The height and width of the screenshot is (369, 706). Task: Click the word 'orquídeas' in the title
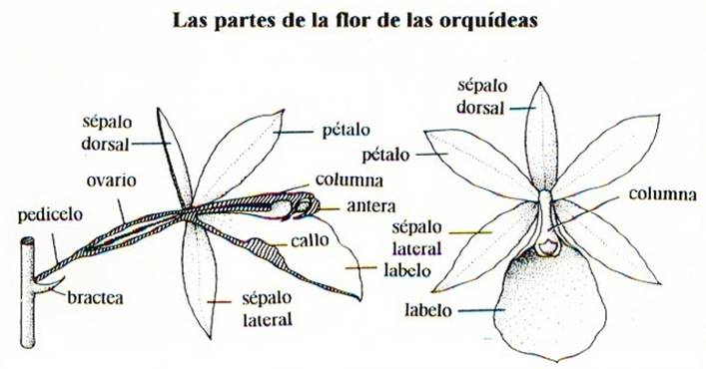click(481, 20)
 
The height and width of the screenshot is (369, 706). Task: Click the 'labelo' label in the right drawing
click(428, 310)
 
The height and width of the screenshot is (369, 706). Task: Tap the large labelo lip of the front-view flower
click(552, 304)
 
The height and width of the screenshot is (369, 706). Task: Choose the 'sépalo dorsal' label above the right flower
click(481, 94)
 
